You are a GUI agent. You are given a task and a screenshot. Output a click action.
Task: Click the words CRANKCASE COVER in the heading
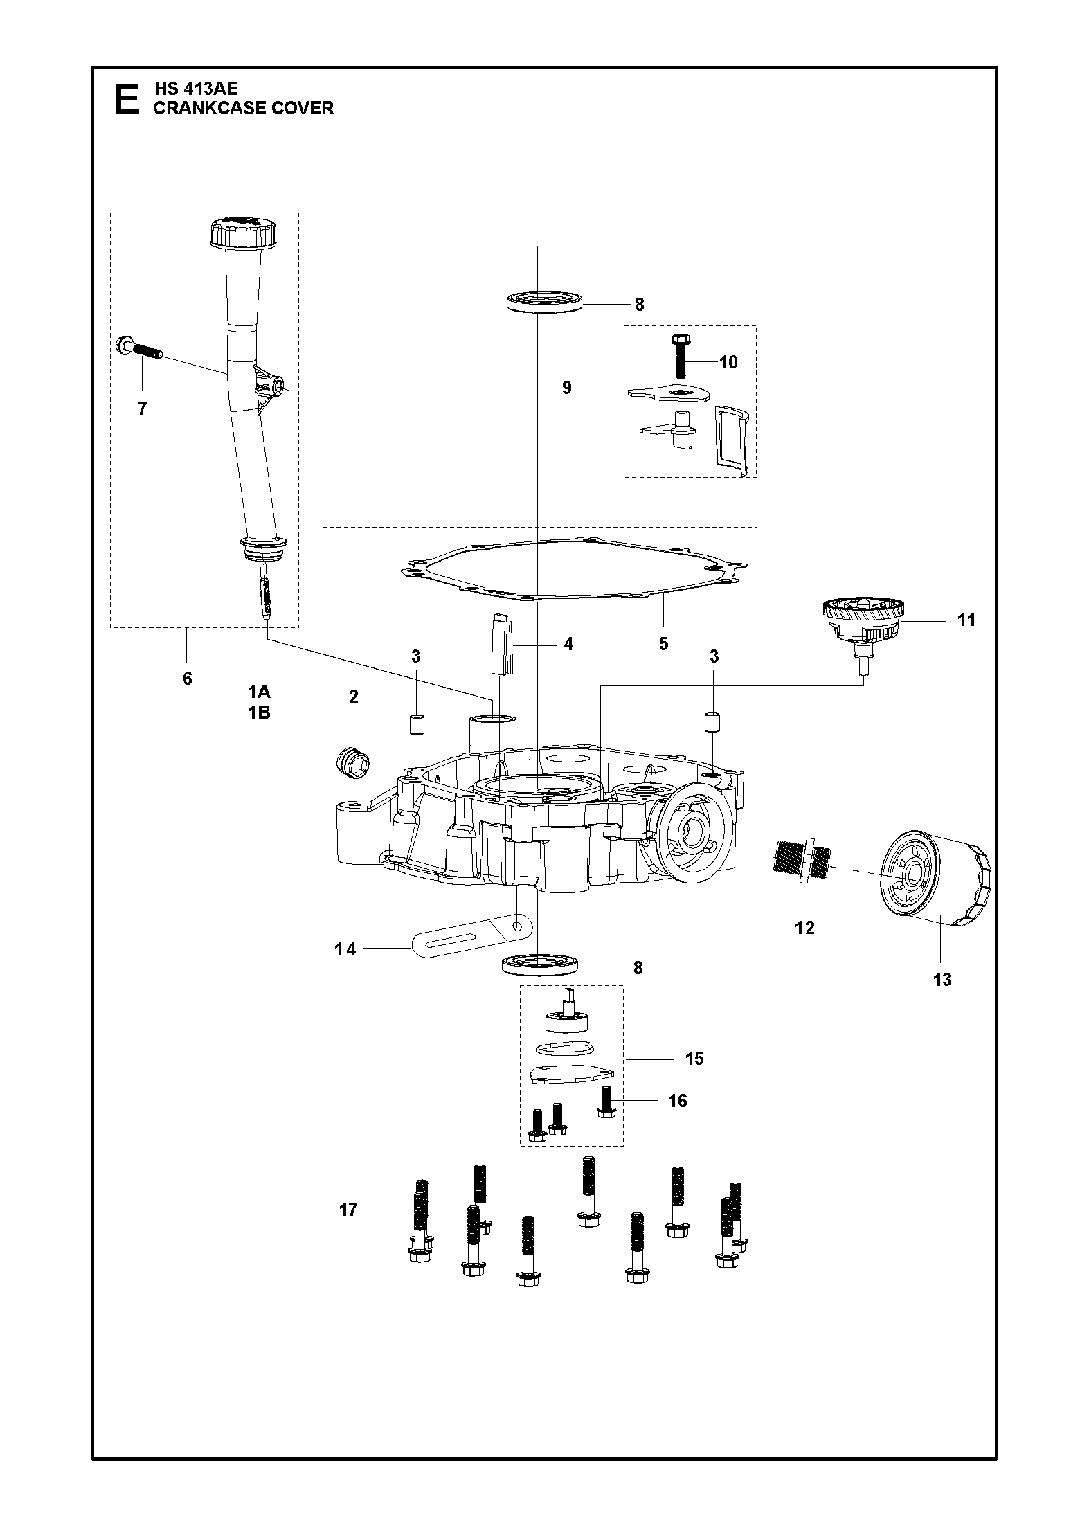(243, 108)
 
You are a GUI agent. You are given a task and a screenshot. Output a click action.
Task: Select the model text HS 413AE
(195, 89)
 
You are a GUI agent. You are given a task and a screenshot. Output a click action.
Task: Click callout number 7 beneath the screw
(143, 409)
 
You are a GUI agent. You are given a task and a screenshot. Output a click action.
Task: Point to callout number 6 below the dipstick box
(187, 679)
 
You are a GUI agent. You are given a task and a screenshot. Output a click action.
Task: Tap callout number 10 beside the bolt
(728, 361)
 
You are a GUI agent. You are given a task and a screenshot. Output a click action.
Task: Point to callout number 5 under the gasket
(663, 644)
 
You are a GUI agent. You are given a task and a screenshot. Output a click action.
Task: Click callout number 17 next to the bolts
(348, 1210)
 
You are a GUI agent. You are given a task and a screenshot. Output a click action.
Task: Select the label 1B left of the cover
(259, 712)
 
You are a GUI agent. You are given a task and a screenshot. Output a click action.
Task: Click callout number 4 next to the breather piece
(568, 644)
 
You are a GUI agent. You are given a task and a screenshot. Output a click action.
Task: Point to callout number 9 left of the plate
(567, 388)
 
